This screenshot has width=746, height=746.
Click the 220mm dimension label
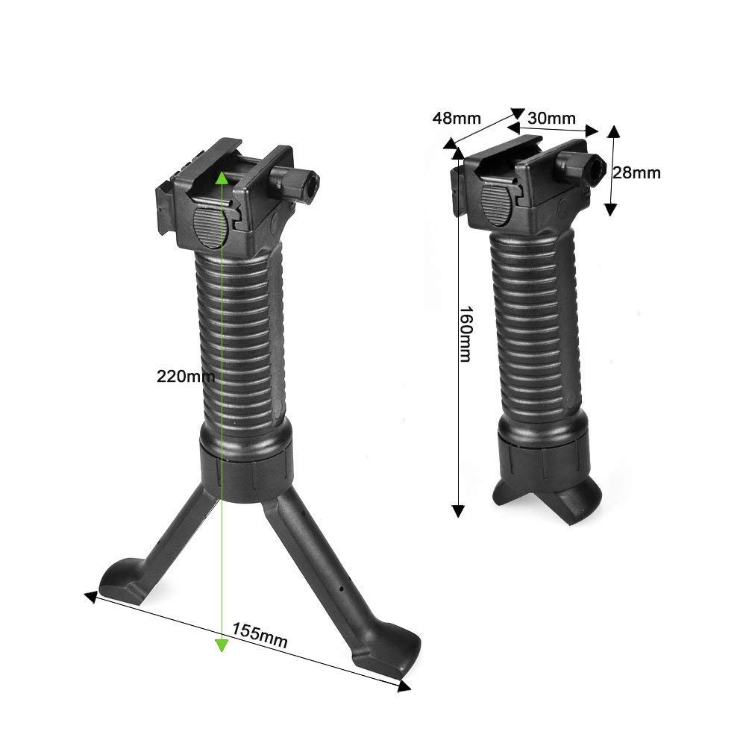point(186,376)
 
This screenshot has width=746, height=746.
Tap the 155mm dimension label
point(260,635)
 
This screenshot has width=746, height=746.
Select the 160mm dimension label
point(465,333)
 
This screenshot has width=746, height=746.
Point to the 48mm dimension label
point(457,118)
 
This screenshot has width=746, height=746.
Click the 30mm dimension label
point(551,118)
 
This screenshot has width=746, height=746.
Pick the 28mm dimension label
point(636,172)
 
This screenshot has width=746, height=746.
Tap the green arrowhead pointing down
point(222,645)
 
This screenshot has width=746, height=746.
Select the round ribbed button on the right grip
point(496,204)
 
